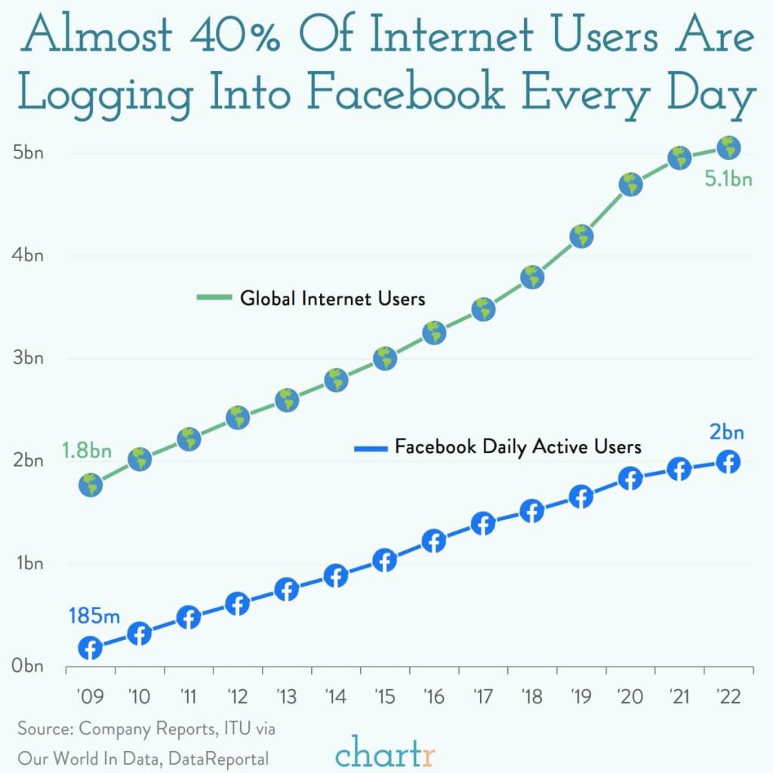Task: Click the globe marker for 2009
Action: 91,485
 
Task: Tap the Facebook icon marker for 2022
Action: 728,462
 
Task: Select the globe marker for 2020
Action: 630,184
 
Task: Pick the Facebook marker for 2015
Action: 385,561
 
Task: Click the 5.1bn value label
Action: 728,180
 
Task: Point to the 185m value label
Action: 94,615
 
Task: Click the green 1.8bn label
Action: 87,451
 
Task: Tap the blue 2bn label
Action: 726,433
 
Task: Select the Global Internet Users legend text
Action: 332,298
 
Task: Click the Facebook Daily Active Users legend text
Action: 518,447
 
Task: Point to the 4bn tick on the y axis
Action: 29,255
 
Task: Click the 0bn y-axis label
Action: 29,667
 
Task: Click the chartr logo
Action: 386,752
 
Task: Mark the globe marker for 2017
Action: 483,309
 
